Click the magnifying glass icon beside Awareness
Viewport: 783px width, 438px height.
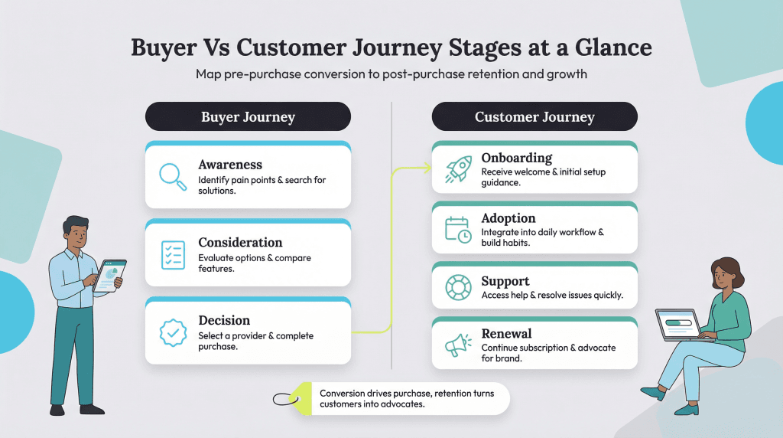(x=173, y=176)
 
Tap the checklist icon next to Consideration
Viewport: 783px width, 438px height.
(x=173, y=254)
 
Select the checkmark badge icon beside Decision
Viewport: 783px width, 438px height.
(x=173, y=332)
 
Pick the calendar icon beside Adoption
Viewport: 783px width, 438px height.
(x=458, y=229)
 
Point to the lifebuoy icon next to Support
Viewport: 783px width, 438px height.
(x=458, y=287)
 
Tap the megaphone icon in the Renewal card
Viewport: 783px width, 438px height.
(x=458, y=345)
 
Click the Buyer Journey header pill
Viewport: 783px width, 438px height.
(x=248, y=117)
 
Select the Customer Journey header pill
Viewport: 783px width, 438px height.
(x=534, y=117)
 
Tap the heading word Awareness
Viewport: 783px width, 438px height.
(x=230, y=165)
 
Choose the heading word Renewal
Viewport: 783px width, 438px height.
(x=506, y=334)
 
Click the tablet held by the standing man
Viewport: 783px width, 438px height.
(x=109, y=275)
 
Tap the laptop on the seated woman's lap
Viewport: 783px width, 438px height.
(x=679, y=325)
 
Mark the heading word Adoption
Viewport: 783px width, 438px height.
(x=508, y=218)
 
